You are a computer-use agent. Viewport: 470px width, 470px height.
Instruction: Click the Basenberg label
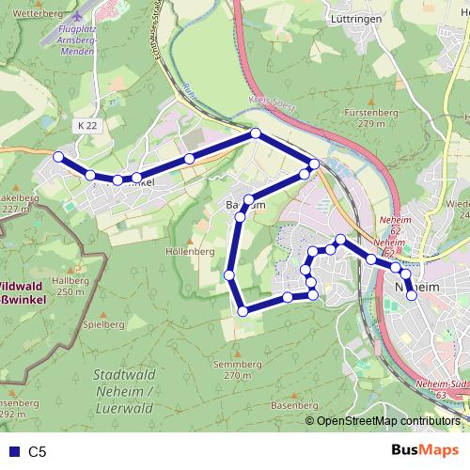tap(290, 404)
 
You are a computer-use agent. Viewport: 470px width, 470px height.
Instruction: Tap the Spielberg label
tap(103, 324)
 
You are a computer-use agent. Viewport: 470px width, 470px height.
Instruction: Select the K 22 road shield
tap(87, 125)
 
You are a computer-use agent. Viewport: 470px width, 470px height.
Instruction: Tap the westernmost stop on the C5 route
tap(58, 157)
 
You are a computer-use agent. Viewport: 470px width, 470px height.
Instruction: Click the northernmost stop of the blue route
tap(255, 133)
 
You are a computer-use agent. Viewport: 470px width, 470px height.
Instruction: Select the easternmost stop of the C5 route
tap(412, 295)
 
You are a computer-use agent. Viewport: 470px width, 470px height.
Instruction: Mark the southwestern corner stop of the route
tap(243, 311)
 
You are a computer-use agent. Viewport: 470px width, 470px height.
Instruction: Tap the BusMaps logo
tap(425, 450)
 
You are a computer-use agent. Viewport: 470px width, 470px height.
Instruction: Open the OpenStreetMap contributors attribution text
tap(387, 421)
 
